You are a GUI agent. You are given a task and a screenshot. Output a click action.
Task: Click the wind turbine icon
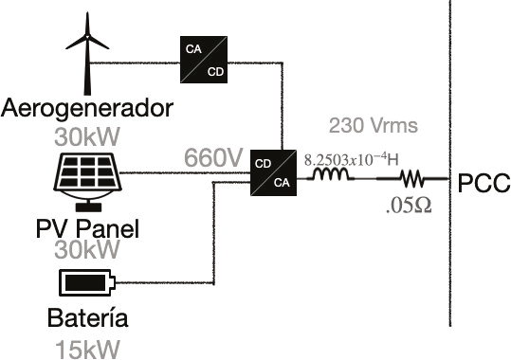pyautogui.click(x=87, y=54)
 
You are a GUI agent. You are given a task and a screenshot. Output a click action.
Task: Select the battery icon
pyautogui.click(x=87, y=282)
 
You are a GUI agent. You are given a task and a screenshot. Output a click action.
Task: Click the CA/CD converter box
pyautogui.click(x=204, y=60)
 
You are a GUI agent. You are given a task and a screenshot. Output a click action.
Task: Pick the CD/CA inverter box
pyautogui.click(x=273, y=172)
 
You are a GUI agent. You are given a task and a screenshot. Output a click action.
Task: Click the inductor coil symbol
pyautogui.click(x=331, y=174)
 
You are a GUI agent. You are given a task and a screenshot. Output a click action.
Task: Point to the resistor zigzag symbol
pyautogui.click(x=413, y=178)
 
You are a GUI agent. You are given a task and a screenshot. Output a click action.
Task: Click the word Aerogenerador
pyautogui.click(x=87, y=109)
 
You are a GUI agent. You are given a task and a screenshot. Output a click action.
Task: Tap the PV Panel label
pyautogui.click(x=87, y=228)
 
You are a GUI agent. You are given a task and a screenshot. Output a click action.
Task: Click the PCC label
pyautogui.click(x=484, y=184)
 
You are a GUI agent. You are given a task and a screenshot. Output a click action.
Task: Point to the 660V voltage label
pyautogui.click(x=213, y=157)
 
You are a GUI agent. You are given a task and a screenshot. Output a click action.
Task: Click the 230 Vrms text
pyautogui.click(x=374, y=125)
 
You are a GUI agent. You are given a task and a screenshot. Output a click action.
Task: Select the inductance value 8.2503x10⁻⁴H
pyautogui.click(x=352, y=160)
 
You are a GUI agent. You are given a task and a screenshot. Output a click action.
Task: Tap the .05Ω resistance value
pyautogui.click(x=409, y=206)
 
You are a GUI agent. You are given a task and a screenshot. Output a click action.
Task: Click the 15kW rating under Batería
pyautogui.click(x=87, y=350)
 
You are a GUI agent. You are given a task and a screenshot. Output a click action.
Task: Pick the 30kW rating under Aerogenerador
pyautogui.click(x=87, y=136)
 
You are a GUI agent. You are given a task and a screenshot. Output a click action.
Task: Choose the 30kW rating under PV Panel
pyautogui.click(x=86, y=250)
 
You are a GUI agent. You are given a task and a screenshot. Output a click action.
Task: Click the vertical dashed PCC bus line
pyautogui.click(x=450, y=163)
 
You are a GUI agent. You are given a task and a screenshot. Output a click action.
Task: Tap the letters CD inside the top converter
pyautogui.click(x=215, y=72)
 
